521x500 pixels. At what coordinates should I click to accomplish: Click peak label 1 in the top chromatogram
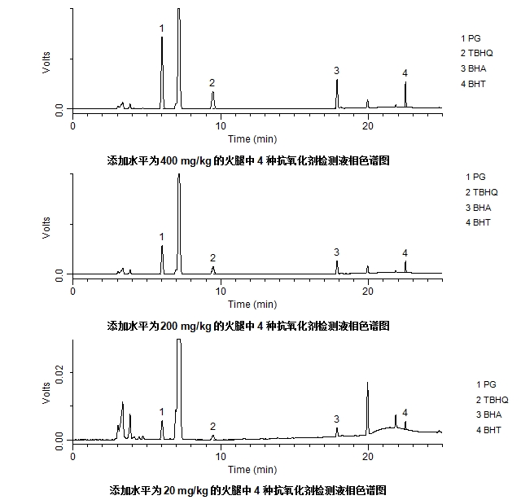point(161,29)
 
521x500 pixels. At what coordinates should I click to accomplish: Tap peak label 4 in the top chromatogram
point(405,74)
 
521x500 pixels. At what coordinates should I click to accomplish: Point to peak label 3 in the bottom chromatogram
point(336,419)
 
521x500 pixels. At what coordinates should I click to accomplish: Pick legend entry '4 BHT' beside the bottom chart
point(492,429)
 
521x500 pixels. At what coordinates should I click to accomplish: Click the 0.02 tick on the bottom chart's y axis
point(59,371)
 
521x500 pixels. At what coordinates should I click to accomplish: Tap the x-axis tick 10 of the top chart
point(221,125)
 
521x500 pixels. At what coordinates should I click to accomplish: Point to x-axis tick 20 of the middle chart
point(368,291)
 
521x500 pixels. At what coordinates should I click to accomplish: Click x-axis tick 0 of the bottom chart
point(73,456)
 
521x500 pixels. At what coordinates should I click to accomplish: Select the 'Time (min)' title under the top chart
point(252,139)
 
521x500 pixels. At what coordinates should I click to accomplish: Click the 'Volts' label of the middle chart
point(46,227)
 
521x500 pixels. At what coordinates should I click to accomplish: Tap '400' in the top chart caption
point(169,160)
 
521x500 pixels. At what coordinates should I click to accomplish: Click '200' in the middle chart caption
point(169,326)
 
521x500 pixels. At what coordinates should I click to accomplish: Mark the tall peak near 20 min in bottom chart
point(367,384)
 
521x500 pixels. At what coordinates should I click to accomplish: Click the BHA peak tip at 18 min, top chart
point(337,81)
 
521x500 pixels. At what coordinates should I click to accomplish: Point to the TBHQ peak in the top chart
point(212,93)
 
